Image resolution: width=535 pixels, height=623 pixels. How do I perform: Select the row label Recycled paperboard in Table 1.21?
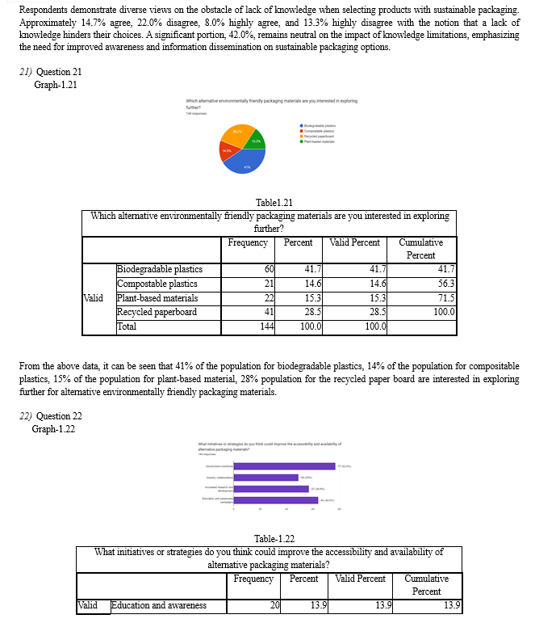[157, 313]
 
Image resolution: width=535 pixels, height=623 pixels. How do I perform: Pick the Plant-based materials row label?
[157, 298]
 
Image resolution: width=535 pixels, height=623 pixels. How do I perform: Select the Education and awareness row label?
[158, 605]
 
